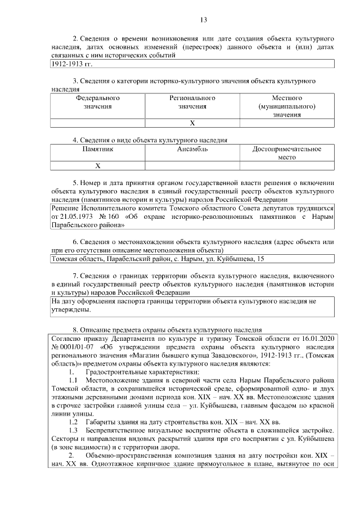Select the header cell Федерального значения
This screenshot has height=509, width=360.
point(97,102)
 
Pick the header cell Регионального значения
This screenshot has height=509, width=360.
point(192,102)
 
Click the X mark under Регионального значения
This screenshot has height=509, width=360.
point(192,123)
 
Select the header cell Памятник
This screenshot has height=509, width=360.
point(97,149)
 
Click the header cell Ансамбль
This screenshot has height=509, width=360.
point(192,149)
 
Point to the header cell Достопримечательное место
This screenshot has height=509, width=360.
point(287,153)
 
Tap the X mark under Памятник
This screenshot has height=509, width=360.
point(97,166)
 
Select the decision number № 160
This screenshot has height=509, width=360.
point(112,216)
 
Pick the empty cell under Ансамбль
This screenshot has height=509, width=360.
point(192,166)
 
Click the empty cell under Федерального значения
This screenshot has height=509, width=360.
point(97,123)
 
